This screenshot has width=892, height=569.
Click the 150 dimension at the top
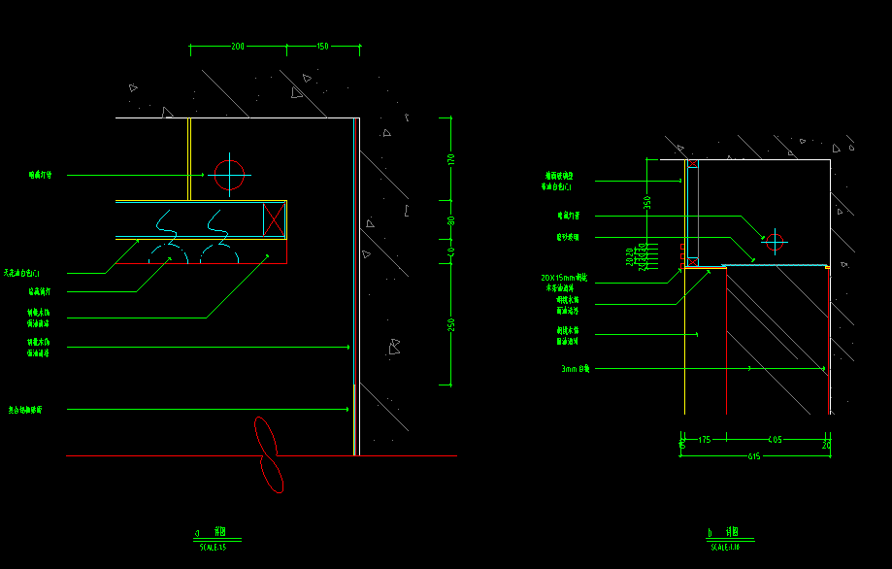322,47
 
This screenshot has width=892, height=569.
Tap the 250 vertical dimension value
450,324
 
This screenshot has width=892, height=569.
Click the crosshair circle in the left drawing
229,175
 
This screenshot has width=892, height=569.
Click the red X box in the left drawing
275,218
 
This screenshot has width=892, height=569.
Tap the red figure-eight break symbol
267,453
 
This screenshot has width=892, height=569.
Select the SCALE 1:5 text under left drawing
213,548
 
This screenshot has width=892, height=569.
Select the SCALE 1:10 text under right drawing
725,548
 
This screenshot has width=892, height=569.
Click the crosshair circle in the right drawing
774,241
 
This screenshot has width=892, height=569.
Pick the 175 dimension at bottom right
704,440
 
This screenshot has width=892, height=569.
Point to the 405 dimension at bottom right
775,440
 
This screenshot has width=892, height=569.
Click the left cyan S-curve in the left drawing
166,223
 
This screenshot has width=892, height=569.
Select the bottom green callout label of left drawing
39,410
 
